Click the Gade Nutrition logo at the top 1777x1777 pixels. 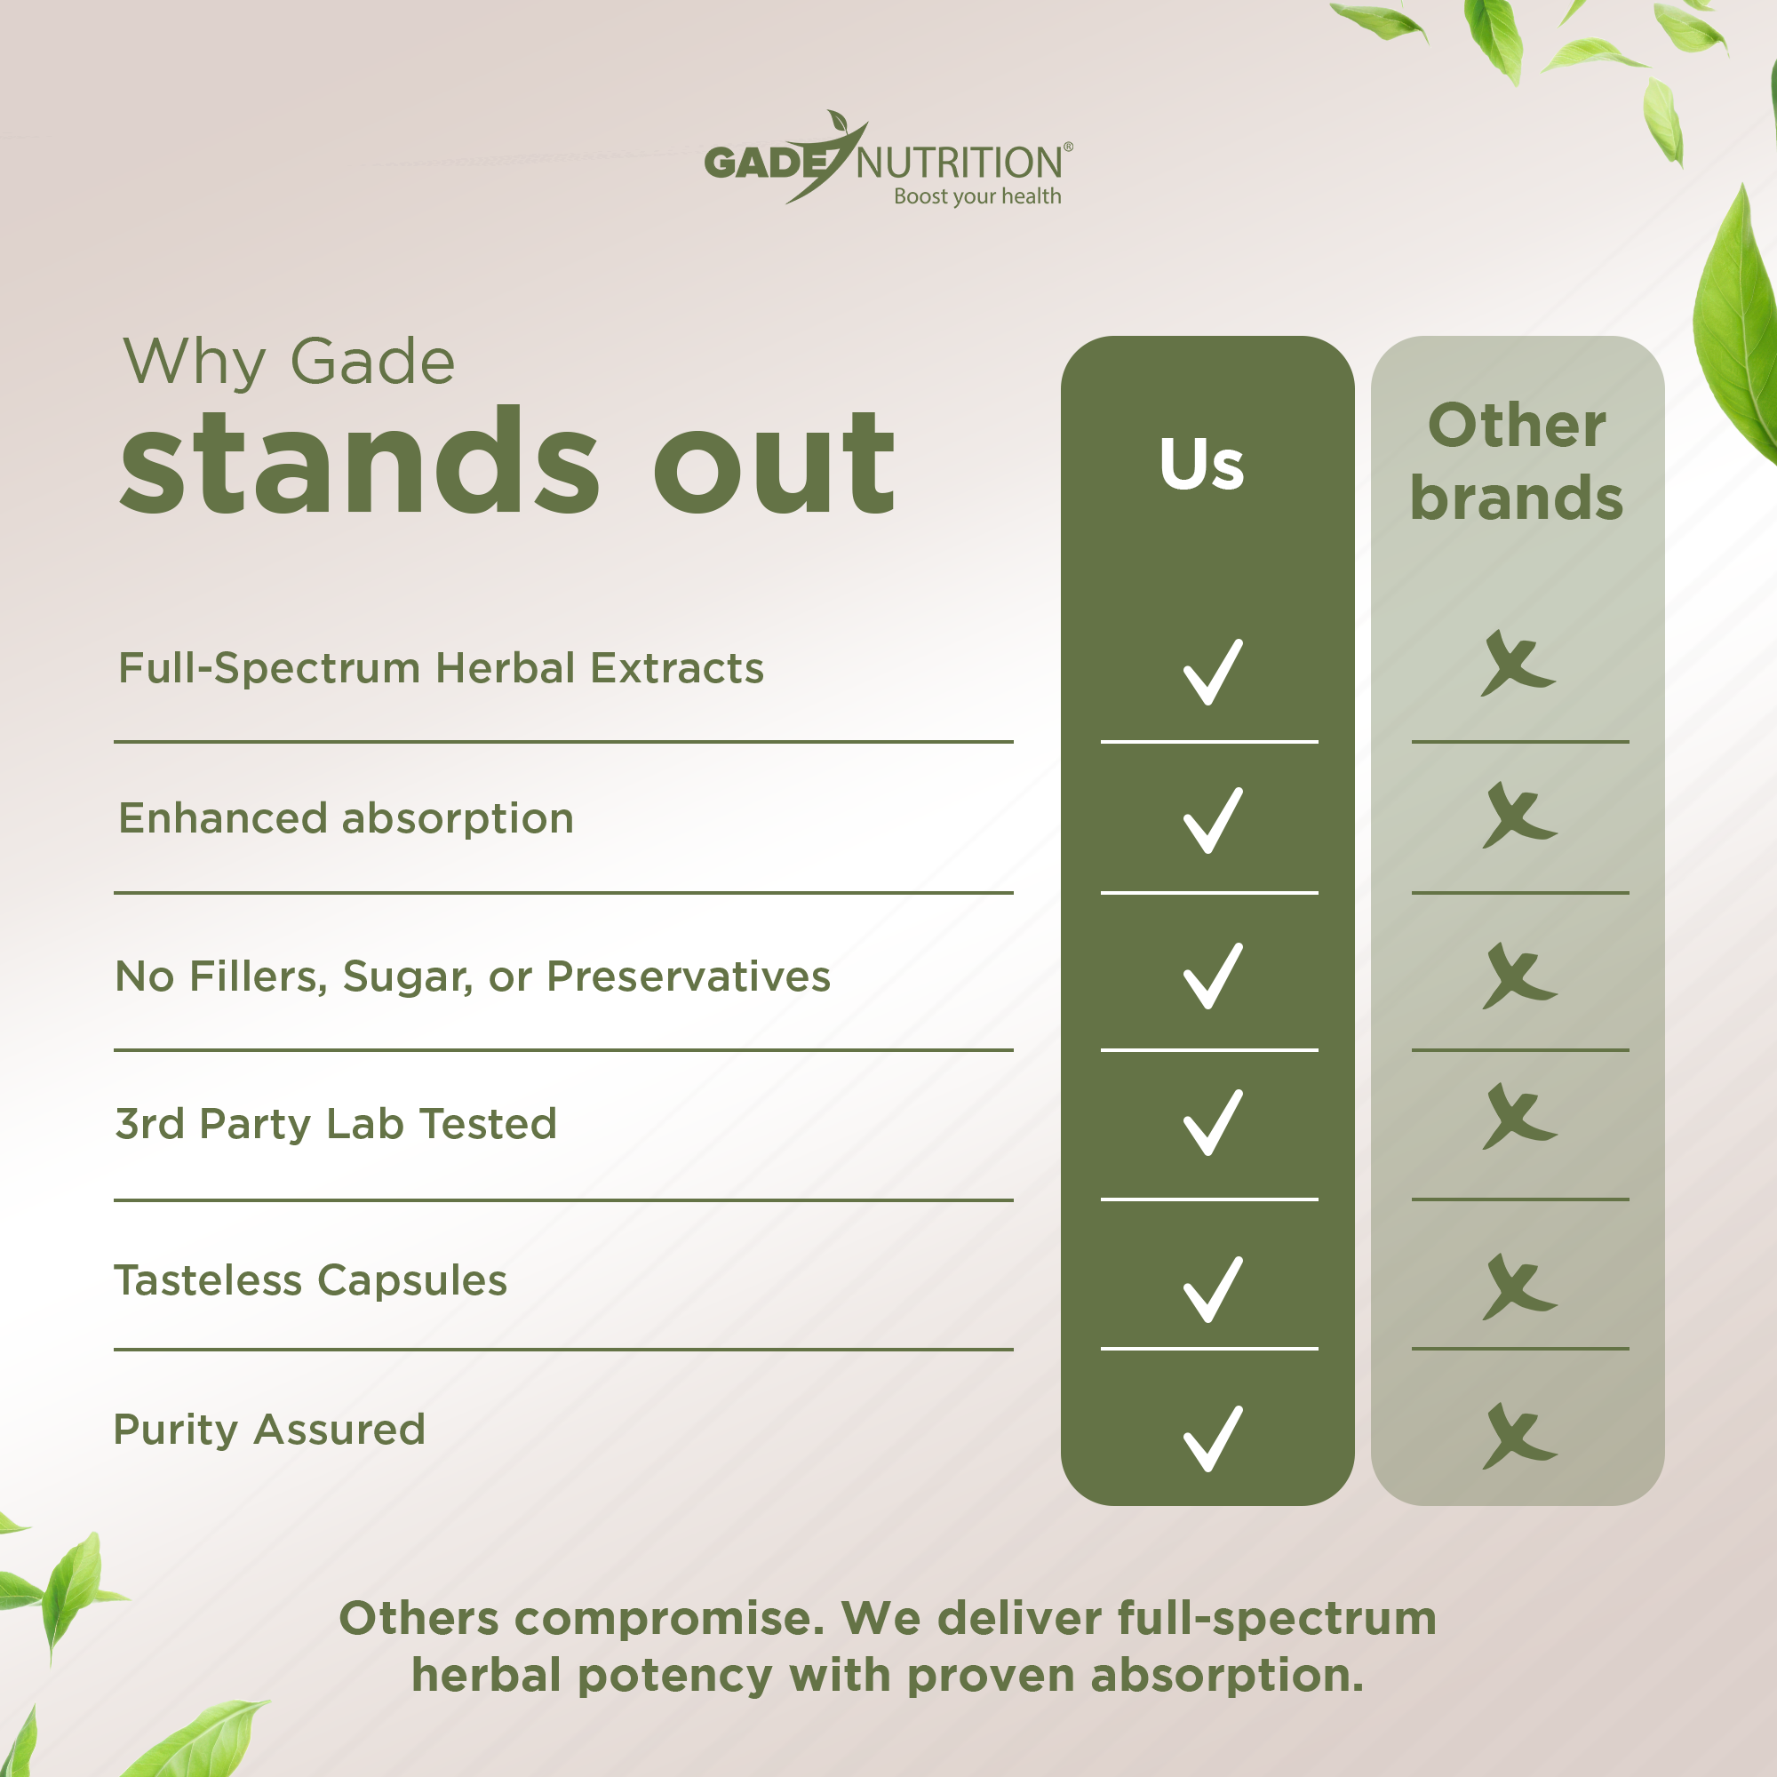tap(888, 158)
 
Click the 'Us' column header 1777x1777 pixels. tap(1201, 464)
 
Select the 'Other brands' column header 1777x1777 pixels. tap(1517, 462)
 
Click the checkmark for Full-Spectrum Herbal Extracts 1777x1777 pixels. tap(1212, 673)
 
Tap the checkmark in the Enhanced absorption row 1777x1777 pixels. tap(1212, 820)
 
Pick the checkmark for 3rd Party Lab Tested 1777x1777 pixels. tap(1212, 1123)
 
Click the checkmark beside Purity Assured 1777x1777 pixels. tap(1212, 1438)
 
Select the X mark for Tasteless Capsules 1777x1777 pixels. tap(1518, 1287)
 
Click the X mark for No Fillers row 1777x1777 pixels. tap(1518, 976)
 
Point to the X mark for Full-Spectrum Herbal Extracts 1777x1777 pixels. tap(1518, 663)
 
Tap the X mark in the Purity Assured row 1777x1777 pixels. tap(1518, 1436)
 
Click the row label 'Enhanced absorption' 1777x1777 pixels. tap(346, 818)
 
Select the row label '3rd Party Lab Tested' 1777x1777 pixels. tap(336, 1124)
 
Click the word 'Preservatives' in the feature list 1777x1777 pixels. tap(688, 976)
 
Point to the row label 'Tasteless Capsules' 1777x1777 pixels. tap(310, 1280)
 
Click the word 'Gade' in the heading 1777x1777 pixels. tap(372, 362)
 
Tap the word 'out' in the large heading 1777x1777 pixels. tap(774, 463)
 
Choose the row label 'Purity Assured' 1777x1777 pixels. tap(269, 1430)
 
